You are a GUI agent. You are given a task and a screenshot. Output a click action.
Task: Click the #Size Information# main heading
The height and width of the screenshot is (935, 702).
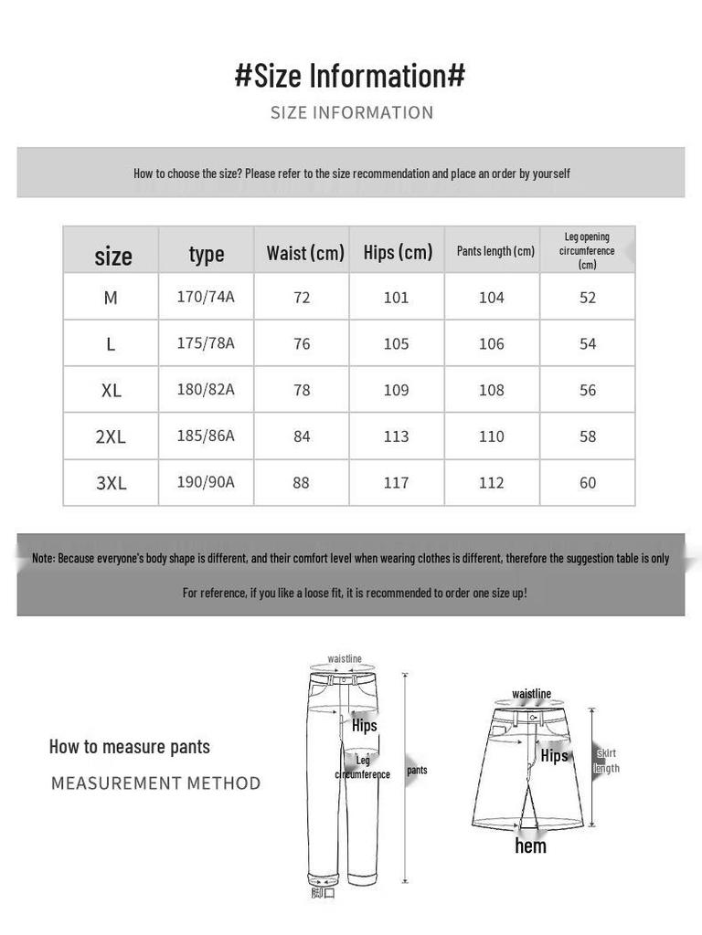tap(350, 76)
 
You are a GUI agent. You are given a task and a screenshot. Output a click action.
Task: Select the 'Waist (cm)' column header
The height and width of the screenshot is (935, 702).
tap(305, 253)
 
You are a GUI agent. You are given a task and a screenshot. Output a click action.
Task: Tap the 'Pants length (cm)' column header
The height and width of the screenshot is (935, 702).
tap(495, 251)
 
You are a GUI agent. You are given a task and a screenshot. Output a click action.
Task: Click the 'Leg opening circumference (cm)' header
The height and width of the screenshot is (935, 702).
tap(587, 250)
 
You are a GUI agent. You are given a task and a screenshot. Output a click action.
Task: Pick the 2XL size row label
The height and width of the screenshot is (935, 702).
tap(111, 436)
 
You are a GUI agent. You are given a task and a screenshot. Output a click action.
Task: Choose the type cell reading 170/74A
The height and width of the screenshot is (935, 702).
tap(206, 297)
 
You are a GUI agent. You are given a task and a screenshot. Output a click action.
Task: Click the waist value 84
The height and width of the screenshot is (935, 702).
tap(302, 436)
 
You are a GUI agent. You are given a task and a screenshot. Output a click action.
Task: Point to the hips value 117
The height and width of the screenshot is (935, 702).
tap(396, 483)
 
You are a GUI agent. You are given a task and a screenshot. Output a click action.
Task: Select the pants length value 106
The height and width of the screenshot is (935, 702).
tap(491, 343)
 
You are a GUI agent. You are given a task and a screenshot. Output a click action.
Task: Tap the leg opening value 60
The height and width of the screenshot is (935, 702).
tap(588, 483)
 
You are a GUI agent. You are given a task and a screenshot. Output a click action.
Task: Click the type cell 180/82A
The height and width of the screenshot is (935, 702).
tap(206, 390)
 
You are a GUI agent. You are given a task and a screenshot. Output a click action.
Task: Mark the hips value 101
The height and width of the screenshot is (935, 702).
tap(396, 298)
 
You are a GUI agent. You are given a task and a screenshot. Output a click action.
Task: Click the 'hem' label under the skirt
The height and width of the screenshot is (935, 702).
tap(530, 846)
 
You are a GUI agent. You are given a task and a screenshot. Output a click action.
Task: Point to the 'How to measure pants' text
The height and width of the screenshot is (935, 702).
tap(130, 747)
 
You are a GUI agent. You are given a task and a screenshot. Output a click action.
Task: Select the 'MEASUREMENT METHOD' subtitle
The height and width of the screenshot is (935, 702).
tap(155, 783)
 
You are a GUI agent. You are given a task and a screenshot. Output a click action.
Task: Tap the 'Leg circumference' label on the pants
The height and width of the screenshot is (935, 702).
tap(363, 767)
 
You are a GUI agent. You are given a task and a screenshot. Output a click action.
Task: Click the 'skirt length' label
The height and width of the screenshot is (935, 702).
tap(606, 761)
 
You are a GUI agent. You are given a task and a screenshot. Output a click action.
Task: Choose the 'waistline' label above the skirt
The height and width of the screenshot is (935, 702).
tap(531, 694)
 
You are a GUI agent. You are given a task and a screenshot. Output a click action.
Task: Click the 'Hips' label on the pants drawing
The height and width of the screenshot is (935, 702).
tap(364, 726)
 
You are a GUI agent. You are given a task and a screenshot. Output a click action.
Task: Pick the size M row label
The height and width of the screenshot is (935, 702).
tap(111, 298)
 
